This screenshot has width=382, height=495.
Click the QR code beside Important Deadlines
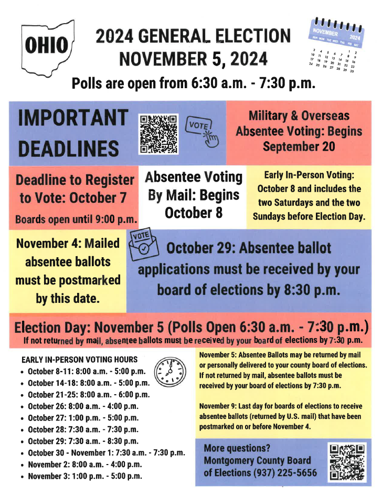click(x=158, y=133)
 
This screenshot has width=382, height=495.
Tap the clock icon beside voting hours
click(x=169, y=372)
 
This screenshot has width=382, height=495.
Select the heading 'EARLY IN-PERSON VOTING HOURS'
click(x=79, y=360)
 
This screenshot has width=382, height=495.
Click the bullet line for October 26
click(x=83, y=406)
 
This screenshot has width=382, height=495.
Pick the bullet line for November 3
click(x=84, y=476)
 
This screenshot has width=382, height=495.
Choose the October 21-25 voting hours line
click(x=88, y=395)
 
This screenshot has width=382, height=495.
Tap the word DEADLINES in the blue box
click(x=69, y=149)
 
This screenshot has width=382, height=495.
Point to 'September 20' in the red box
click(x=299, y=146)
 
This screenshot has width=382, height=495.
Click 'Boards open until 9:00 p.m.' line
click(x=77, y=219)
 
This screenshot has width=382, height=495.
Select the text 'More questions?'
click(x=237, y=448)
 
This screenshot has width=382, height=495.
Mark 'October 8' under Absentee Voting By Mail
click(x=193, y=213)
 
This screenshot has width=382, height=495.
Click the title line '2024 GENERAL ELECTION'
click(x=193, y=36)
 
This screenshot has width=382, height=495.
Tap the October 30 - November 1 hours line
click(x=106, y=452)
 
